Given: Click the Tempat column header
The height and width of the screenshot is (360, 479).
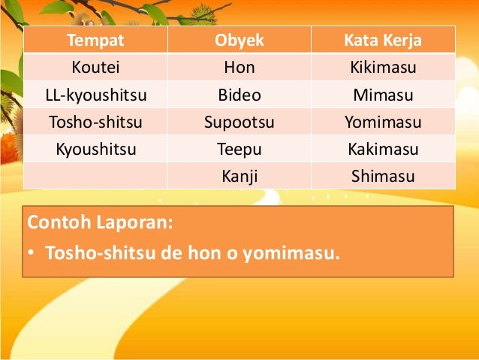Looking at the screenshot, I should click(x=95, y=40).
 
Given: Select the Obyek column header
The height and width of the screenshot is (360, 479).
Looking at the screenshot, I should click(x=239, y=40).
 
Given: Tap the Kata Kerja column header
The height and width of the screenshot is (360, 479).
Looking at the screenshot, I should click(x=383, y=40).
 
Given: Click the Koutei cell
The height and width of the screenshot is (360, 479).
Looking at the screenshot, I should click(x=95, y=68).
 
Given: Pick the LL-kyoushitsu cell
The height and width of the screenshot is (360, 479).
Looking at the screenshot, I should click(x=95, y=95).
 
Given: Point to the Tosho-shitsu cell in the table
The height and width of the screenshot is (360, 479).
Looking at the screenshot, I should click(x=95, y=122).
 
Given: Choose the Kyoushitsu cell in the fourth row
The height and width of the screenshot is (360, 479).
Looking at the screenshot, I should click(x=95, y=149).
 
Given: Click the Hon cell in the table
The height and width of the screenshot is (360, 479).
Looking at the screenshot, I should click(x=239, y=68).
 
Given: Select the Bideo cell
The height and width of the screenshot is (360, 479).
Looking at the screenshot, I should click(x=239, y=95).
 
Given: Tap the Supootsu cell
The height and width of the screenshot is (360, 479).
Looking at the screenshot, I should click(x=239, y=122).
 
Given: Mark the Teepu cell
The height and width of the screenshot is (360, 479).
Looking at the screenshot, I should click(x=239, y=149).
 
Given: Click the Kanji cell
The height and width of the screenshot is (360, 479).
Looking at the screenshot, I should click(x=239, y=176).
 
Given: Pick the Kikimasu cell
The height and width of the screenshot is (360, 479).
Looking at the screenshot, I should click(x=383, y=68).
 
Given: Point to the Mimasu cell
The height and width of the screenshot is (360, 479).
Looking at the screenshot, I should click(x=383, y=95).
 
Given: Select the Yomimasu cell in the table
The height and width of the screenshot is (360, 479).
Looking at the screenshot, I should click(x=383, y=122).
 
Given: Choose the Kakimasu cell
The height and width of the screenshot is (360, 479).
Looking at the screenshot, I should click(x=383, y=149).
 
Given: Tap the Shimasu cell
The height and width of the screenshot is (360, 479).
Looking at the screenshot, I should click(x=383, y=176).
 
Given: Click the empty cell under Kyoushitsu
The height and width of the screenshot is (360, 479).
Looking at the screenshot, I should click(x=95, y=176).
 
